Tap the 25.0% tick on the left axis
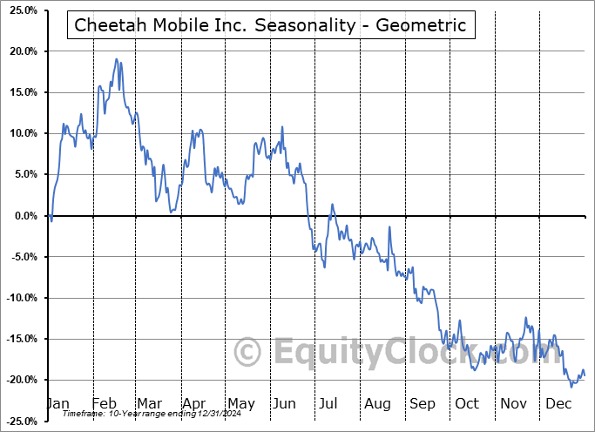22,10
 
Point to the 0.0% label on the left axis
24,216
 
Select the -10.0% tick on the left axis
22,298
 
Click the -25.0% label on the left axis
22,422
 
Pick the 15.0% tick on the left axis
22,92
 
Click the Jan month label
57,403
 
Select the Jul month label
328,403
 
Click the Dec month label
559,403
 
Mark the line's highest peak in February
116,59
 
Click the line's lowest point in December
571,386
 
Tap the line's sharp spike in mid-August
389,227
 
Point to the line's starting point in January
49,215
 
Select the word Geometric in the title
426,26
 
